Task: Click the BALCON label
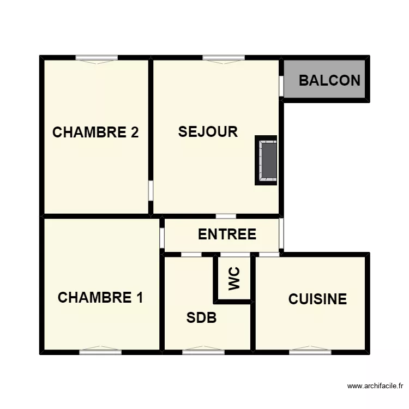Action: click(x=329, y=81)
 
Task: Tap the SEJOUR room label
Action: click(x=208, y=132)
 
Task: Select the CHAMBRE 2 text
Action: click(x=95, y=133)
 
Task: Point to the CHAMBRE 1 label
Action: click(x=100, y=298)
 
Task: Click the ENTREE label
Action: click(x=227, y=234)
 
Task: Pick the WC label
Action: click(x=234, y=279)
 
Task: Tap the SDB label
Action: click(x=201, y=318)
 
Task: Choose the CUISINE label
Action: click(x=317, y=299)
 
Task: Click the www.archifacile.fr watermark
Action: click(x=375, y=386)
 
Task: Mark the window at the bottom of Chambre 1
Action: click(x=100, y=352)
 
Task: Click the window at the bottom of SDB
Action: click(x=203, y=352)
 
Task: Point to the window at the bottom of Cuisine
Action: click(x=310, y=352)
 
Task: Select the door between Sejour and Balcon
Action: click(x=281, y=86)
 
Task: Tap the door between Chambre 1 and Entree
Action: click(x=162, y=238)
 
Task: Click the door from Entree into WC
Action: click(x=234, y=255)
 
